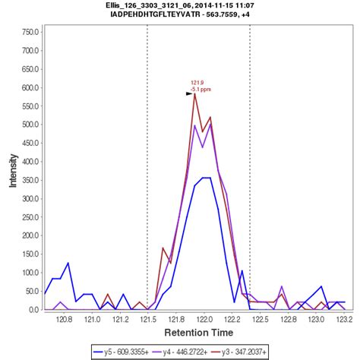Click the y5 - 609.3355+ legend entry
134,352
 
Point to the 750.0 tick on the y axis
29,33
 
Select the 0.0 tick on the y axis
33,310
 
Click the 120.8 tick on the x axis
65,321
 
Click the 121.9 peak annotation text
196,83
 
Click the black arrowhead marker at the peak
189,93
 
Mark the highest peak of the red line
194,94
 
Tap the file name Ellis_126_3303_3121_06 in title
153,5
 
